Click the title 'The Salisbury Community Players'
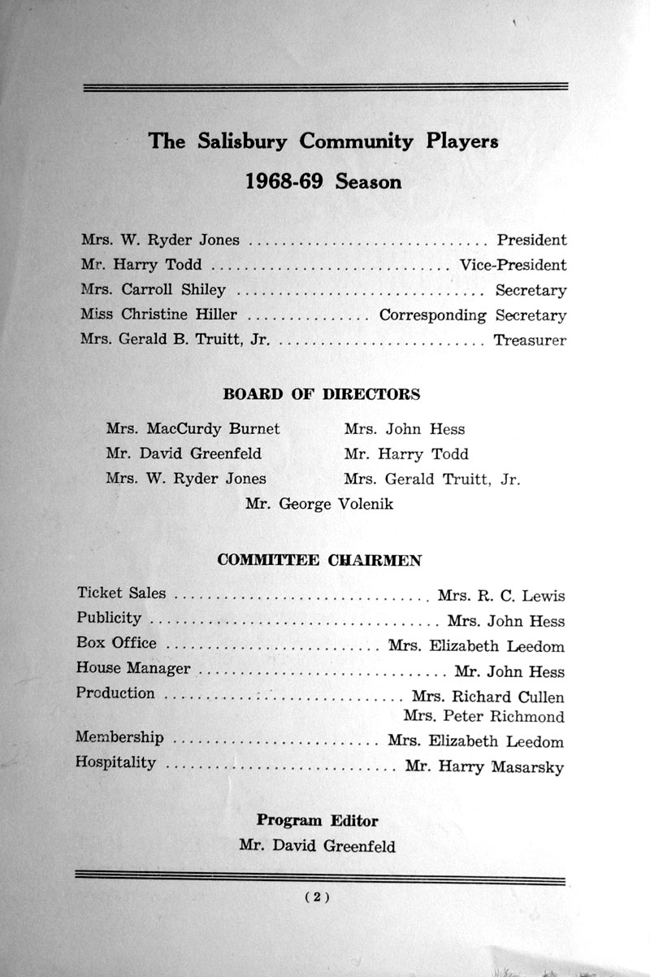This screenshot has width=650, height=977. [323, 141]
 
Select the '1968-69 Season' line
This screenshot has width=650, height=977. [323, 181]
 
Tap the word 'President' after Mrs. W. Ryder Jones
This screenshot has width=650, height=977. [531, 240]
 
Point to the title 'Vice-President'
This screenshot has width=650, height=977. [513, 265]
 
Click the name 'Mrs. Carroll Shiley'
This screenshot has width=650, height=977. [154, 289]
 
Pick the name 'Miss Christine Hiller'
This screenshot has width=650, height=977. [159, 315]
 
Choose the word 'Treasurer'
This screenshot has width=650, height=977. [530, 341]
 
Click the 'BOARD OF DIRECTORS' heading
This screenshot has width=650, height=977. [322, 394]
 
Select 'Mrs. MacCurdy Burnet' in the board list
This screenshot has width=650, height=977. [193, 428]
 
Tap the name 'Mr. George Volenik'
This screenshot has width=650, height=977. [319, 504]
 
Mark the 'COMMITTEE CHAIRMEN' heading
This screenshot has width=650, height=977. [319, 560]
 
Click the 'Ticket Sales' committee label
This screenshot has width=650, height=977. [121, 593]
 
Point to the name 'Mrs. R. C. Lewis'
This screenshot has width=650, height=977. [500, 596]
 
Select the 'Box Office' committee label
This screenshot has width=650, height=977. [116, 643]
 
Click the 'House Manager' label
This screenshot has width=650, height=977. [133, 668]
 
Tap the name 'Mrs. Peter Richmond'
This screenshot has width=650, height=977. [483, 717]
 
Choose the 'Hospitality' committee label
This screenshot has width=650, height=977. [115, 762]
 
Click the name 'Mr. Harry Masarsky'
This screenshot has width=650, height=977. [483, 766]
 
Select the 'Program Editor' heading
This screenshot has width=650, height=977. [318, 820]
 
